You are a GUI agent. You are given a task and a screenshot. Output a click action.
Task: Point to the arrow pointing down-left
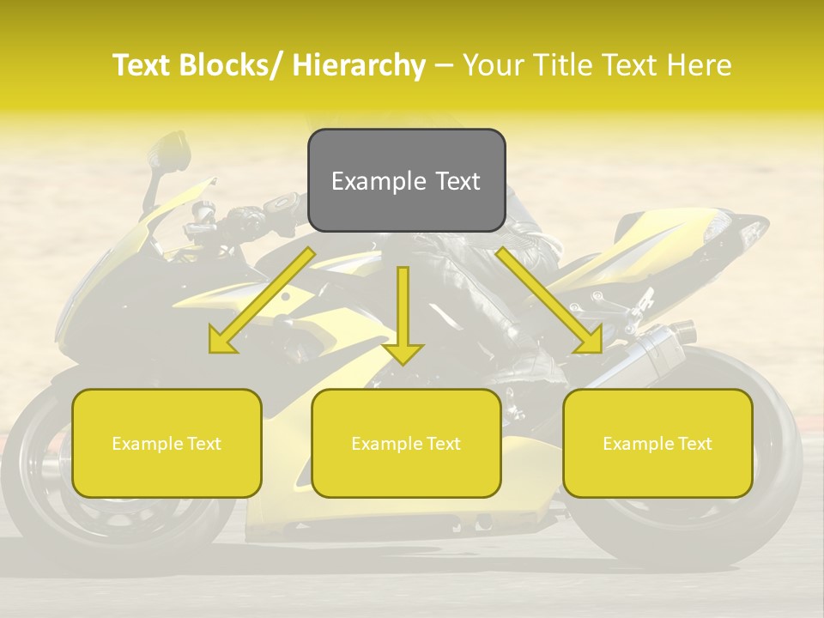tap(263, 300)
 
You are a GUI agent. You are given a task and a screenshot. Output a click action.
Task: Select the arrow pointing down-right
tap(549, 300)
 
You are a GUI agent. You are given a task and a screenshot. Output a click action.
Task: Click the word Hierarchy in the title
tap(359, 65)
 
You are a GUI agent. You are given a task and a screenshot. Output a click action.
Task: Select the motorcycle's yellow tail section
tap(669, 240)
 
